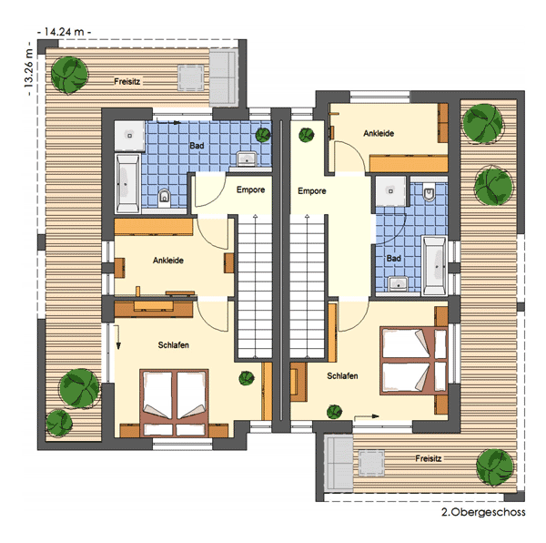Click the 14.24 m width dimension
pyautogui.click(x=65, y=32)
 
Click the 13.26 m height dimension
pyautogui.click(x=28, y=68)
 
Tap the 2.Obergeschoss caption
pyautogui.click(x=483, y=512)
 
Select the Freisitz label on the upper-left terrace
pyautogui.click(x=127, y=82)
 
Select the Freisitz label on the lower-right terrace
pyautogui.click(x=429, y=458)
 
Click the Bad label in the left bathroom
pyautogui.click(x=197, y=146)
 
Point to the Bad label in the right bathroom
pyautogui.click(x=394, y=258)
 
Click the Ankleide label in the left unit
pyautogui.click(x=168, y=261)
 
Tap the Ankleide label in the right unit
pyautogui.click(x=379, y=133)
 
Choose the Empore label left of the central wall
pyautogui.click(x=251, y=190)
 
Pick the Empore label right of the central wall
pyautogui.click(x=312, y=191)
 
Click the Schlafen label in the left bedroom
pyautogui.click(x=174, y=345)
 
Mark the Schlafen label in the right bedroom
pyautogui.click(x=342, y=375)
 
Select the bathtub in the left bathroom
pyautogui.click(x=127, y=183)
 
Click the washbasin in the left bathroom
pyautogui.click(x=247, y=159)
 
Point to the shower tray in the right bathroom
pyautogui.click(x=390, y=191)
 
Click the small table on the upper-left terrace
pyautogui.click(x=191, y=77)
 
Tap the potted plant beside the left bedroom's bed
pyautogui.click(x=247, y=378)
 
